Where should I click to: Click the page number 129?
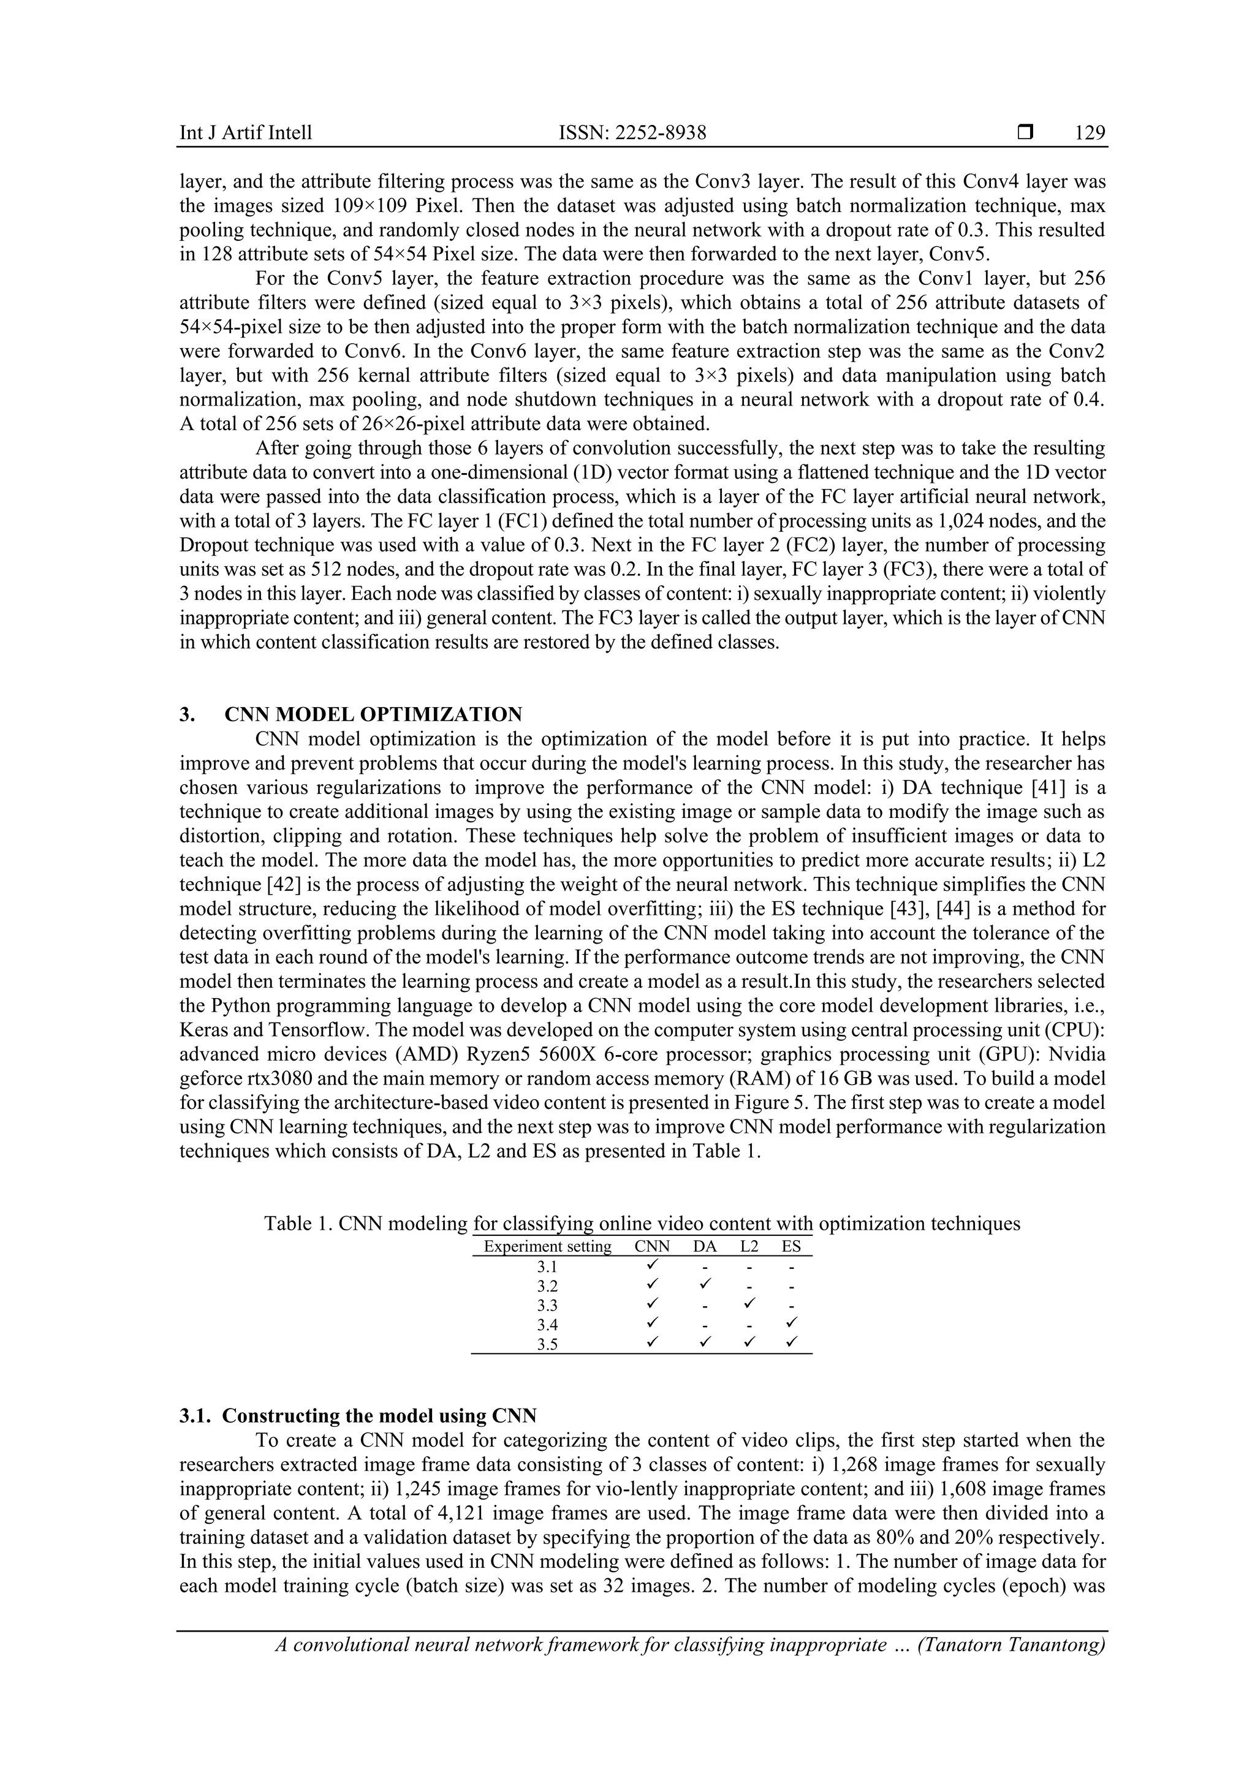[x=1090, y=133]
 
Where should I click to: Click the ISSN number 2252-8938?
[x=632, y=133]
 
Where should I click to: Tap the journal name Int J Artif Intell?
[x=246, y=133]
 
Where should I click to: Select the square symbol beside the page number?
[x=1025, y=133]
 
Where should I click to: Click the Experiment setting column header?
[x=547, y=1246]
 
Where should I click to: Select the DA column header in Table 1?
[x=705, y=1246]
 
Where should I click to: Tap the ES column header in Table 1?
[x=791, y=1246]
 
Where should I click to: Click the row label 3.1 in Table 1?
[x=547, y=1267]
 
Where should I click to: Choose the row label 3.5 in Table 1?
[x=547, y=1344]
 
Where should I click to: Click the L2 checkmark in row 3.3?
[x=748, y=1304]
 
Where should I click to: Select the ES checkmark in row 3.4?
[x=791, y=1323]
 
